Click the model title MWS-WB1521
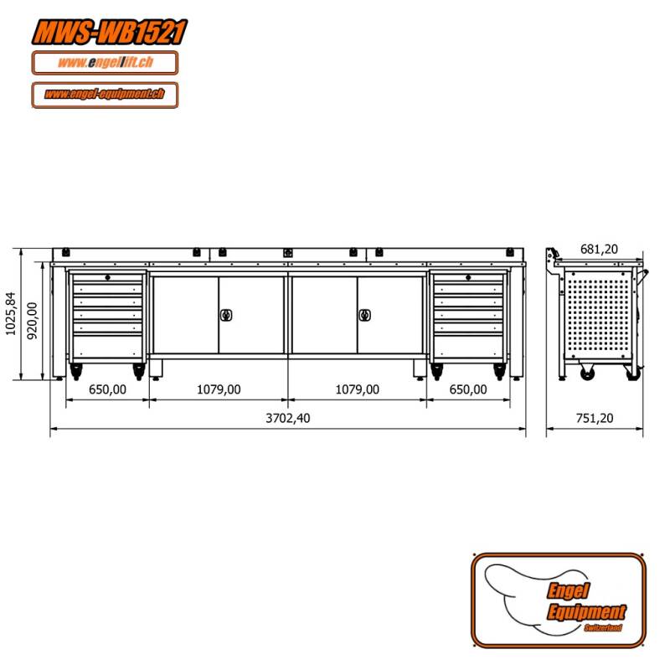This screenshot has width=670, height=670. click(x=108, y=32)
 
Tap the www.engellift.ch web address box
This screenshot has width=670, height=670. click(x=105, y=63)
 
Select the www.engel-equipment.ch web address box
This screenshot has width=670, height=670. click(x=105, y=95)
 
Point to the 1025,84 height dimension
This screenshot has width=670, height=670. click(x=10, y=314)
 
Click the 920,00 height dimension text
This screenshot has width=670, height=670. click(x=33, y=320)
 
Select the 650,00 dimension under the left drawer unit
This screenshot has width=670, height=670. click(x=107, y=389)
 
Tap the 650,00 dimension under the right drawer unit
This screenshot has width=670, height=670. click(x=467, y=389)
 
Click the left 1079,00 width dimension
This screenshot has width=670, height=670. click(x=219, y=389)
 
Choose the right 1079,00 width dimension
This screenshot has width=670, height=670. click(x=357, y=389)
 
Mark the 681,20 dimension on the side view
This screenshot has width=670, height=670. click(x=599, y=249)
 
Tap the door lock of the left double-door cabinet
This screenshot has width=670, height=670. click(x=225, y=315)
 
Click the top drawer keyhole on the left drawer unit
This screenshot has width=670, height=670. click(x=107, y=278)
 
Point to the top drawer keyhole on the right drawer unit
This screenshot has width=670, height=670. click(x=467, y=278)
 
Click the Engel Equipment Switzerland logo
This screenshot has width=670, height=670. click(x=559, y=600)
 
